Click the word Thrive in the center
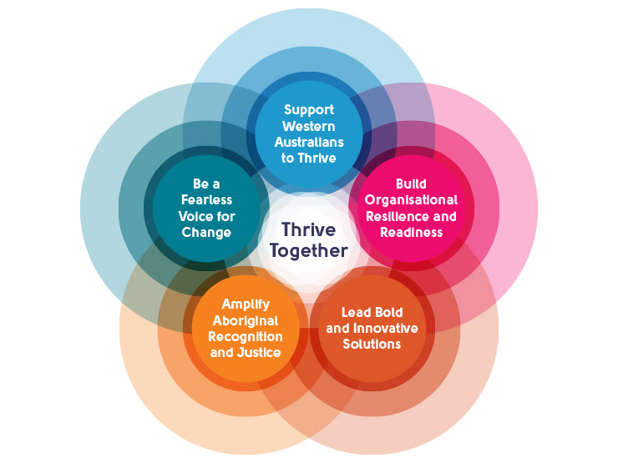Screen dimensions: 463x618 [x=308, y=229]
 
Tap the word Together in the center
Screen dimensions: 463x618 [x=308, y=250]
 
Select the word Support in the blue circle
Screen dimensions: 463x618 [x=308, y=109]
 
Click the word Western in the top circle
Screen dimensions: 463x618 [x=308, y=126]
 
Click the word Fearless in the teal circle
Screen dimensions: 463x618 [x=206, y=200]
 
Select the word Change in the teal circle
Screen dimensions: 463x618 [x=206, y=233]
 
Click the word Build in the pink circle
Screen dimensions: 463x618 [x=410, y=184]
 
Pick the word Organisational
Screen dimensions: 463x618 [x=410, y=200]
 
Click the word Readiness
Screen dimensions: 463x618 [x=410, y=232]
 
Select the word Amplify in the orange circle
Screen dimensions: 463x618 [x=246, y=304]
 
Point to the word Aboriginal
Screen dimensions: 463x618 [x=246, y=320]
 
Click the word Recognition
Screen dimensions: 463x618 [x=246, y=336]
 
